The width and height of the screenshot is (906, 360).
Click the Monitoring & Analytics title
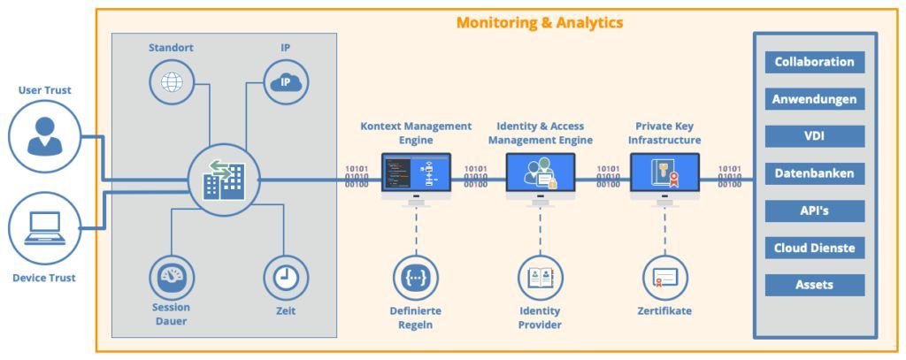[x=540, y=22]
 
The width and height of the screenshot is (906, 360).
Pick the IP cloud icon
[x=286, y=82]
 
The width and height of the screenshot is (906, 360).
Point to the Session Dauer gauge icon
[x=171, y=278]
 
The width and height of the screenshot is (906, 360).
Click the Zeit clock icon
[x=286, y=278]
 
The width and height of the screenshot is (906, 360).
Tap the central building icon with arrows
[x=223, y=180]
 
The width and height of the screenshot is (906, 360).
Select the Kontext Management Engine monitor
[x=416, y=174]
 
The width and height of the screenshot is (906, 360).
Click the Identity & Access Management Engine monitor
[x=541, y=174]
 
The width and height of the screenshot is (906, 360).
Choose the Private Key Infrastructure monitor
[x=664, y=174]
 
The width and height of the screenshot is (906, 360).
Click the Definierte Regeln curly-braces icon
[x=415, y=278]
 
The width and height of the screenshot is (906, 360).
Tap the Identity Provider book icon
[x=540, y=278]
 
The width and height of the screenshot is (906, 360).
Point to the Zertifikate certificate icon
[x=664, y=278]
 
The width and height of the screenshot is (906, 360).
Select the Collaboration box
[x=814, y=62]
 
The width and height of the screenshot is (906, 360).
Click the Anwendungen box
[x=814, y=99]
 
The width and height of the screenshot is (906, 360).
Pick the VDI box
[x=814, y=136]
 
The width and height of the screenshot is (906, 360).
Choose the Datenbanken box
[x=814, y=173]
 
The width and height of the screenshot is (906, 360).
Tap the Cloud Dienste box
[x=814, y=248]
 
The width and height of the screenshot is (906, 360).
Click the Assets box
[x=814, y=285]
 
